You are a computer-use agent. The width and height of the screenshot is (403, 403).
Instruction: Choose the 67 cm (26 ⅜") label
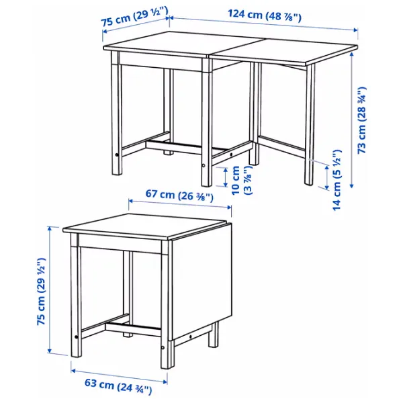tap(179, 195)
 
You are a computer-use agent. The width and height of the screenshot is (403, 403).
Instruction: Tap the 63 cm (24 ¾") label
tap(119, 388)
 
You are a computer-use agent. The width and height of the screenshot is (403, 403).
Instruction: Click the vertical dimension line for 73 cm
tap(352, 114)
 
